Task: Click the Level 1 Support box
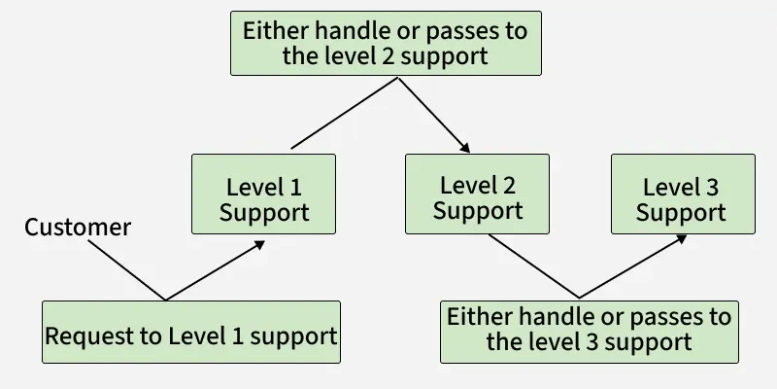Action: pos(263,194)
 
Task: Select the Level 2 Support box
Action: pos(477,194)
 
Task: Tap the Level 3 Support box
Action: pos(684,194)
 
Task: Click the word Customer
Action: pos(78,228)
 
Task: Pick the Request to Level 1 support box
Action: pos(191,332)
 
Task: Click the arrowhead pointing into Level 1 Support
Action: pos(259,245)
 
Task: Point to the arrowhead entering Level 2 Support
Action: pos(465,148)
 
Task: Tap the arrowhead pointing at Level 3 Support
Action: pos(682,239)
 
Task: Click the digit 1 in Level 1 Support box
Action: pos(295,188)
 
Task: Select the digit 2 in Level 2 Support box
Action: pos(509,186)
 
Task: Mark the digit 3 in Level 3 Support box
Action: pos(712,188)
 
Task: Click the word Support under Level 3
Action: pos(681,212)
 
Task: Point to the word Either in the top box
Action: pos(276,31)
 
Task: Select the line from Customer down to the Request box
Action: pos(127,270)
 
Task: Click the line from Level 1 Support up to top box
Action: pos(345,113)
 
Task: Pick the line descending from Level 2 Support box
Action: pos(533,265)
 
